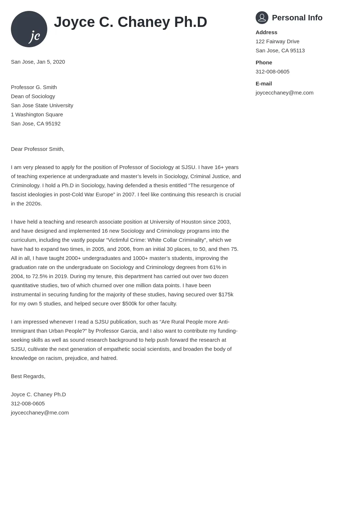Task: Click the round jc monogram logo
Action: click(x=29, y=29)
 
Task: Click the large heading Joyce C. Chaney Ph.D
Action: click(x=130, y=22)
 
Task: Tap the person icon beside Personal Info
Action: click(x=262, y=17)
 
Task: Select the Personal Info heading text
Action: click(x=297, y=18)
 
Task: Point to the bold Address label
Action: click(x=266, y=32)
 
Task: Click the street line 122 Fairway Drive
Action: click(x=277, y=41)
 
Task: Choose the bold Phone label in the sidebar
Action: click(x=264, y=63)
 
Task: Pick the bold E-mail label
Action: click(x=264, y=84)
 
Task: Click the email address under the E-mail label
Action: click(x=284, y=93)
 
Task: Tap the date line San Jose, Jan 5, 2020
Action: click(x=38, y=62)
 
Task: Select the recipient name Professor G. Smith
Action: click(x=34, y=87)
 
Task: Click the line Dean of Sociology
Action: click(x=33, y=96)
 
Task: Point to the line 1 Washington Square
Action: click(x=37, y=115)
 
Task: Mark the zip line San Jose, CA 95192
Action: click(x=36, y=124)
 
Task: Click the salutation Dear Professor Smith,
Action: click(x=37, y=149)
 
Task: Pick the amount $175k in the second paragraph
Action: click(x=226, y=294)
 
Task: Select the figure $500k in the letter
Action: click(x=129, y=304)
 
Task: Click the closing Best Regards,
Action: click(x=28, y=376)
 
